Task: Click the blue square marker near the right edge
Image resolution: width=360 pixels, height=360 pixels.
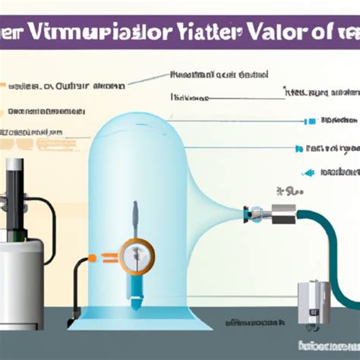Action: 308,121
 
